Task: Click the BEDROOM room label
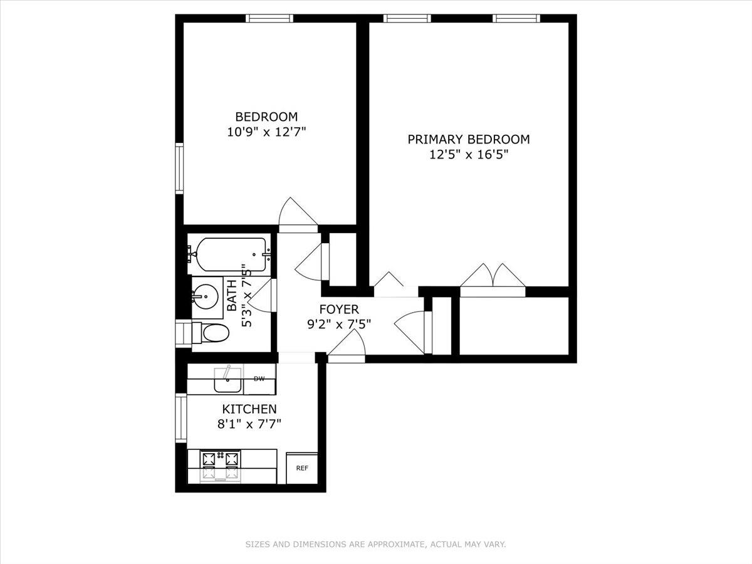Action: [266, 117]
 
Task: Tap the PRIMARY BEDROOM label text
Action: [469, 139]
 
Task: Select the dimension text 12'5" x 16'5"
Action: [469, 155]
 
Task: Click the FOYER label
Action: [338, 309]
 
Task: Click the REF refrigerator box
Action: [301, 468]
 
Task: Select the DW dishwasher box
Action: [259, 379]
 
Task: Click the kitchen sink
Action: [227, 380]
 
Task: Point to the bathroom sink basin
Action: [205, 295]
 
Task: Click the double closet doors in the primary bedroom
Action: [493, 277]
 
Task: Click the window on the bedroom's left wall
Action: [179, 168]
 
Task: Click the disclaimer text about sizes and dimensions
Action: [375, 545]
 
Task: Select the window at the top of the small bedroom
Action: [270, 18]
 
